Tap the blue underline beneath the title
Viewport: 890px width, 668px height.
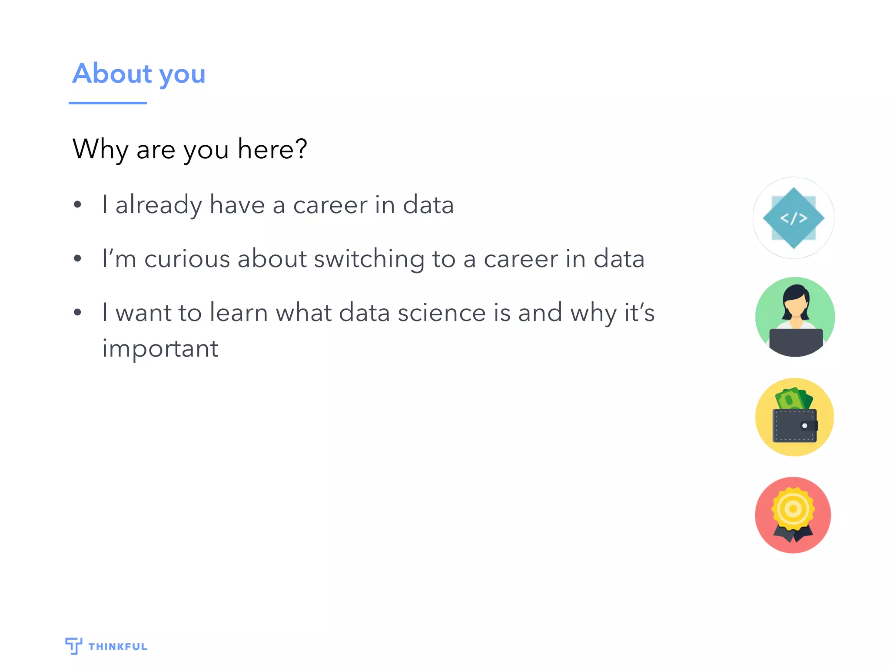point(107,103)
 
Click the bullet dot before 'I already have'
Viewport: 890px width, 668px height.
point(78,204)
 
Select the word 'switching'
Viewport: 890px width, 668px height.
point(369,260)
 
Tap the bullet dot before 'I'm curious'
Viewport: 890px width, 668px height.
point(78,258)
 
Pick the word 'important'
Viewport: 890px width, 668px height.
point(160,349)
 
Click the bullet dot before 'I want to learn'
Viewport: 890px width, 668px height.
point(78,312)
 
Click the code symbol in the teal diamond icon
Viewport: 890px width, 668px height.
point(794,218)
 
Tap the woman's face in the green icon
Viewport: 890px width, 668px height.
point(796,307)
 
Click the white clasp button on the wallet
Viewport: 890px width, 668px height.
point(804,426)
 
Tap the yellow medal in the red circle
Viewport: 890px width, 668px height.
point(793,508)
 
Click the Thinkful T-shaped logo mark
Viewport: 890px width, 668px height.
point(73,645)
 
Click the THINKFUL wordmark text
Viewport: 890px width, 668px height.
point(118,647)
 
